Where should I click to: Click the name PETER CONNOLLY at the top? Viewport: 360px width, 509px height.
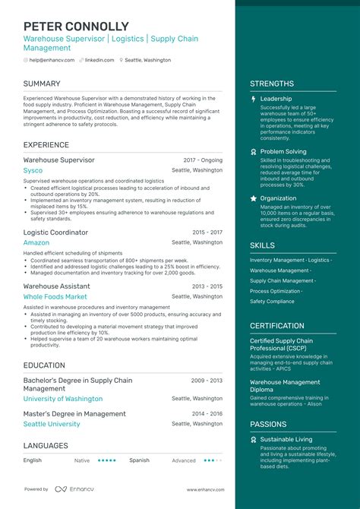76,27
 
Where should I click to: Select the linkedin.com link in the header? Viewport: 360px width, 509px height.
99,60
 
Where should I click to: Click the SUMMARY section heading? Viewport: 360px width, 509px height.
43,84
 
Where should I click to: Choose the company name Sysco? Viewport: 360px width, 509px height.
33,170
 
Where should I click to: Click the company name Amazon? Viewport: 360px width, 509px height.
36,243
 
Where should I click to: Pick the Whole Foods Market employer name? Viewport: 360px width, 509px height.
55,297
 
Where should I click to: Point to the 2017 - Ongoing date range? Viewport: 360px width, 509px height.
203,160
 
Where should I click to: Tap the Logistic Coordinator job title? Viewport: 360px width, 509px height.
55,232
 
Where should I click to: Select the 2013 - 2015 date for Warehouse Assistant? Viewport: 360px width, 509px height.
207,286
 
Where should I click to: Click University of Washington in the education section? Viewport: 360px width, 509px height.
62,399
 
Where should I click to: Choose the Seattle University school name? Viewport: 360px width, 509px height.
52,424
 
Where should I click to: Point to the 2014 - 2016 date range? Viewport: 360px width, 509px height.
207,414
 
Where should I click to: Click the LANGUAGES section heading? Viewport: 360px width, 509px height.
46,446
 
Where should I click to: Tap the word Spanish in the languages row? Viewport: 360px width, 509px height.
139,460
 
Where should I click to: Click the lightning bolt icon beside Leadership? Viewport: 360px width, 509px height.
254,99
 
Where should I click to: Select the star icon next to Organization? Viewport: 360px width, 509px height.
254,198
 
